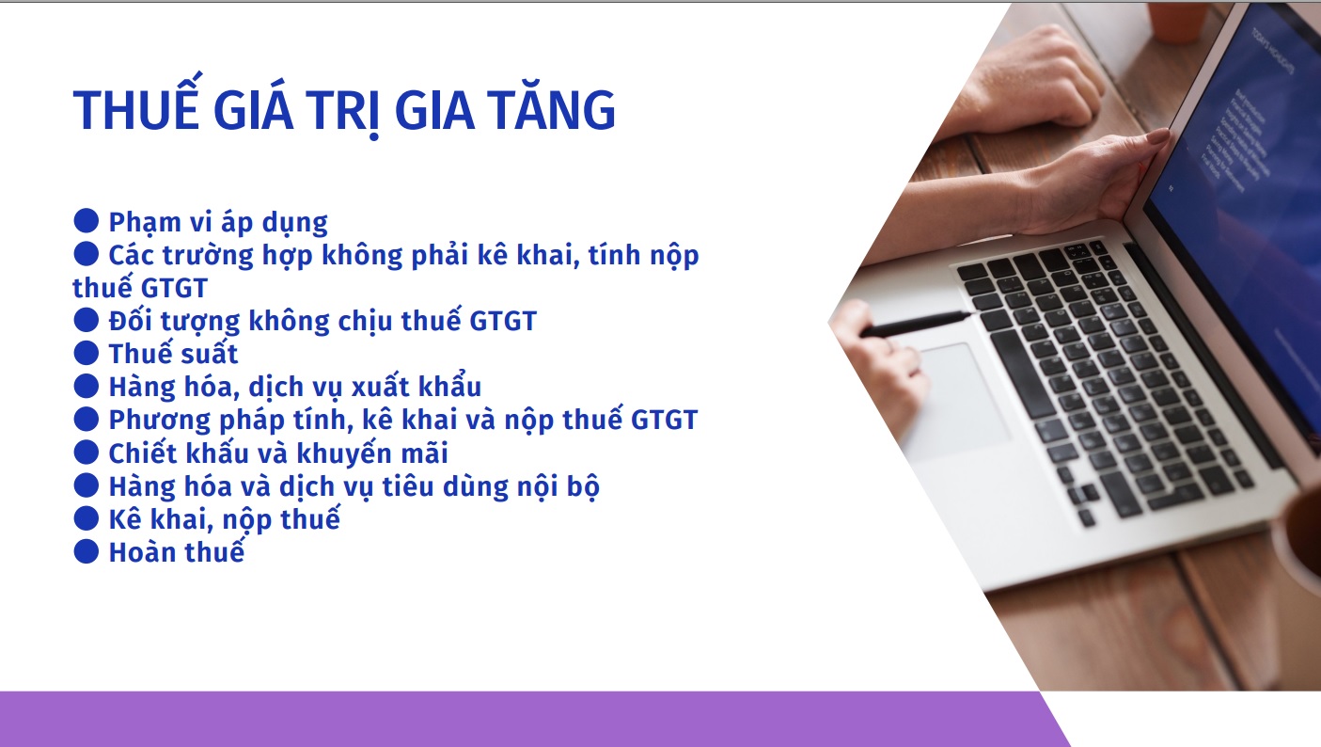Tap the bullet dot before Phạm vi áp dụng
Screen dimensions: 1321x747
[86, 220]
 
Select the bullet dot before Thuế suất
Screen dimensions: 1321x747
[86, 353]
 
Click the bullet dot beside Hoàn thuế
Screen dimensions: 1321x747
[86, 551]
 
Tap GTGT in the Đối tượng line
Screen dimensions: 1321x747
[502, 321]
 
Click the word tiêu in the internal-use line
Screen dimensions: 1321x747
[407, 486]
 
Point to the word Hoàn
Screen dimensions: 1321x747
[142, 552]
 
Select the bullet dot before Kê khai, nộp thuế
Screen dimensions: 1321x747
[86, 518]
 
